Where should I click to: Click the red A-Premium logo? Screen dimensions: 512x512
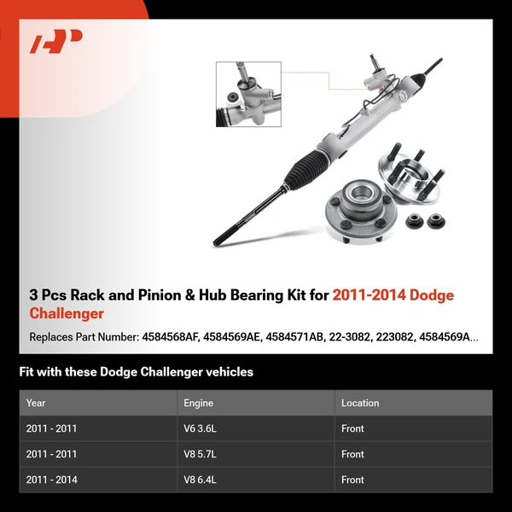point(56,42)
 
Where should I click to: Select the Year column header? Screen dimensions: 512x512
point(36,403)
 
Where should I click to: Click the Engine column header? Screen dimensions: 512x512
point(198,403)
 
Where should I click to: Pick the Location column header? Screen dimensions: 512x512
point(360,403)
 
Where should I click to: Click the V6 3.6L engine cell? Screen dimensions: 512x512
point(201,428)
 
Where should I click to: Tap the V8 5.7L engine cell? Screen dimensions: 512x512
point(201,454)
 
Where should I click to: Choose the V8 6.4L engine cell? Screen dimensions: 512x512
point(201,480)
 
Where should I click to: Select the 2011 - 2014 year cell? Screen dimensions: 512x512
point(51,480)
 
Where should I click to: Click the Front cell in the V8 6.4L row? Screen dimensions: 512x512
point(352,480)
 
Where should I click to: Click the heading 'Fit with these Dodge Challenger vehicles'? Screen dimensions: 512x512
point(136,372)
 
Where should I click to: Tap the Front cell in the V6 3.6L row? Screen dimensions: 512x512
point(352,428)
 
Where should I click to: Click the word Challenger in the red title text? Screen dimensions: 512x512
point(67,313)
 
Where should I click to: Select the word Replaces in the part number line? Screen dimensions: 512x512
point(52,337)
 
